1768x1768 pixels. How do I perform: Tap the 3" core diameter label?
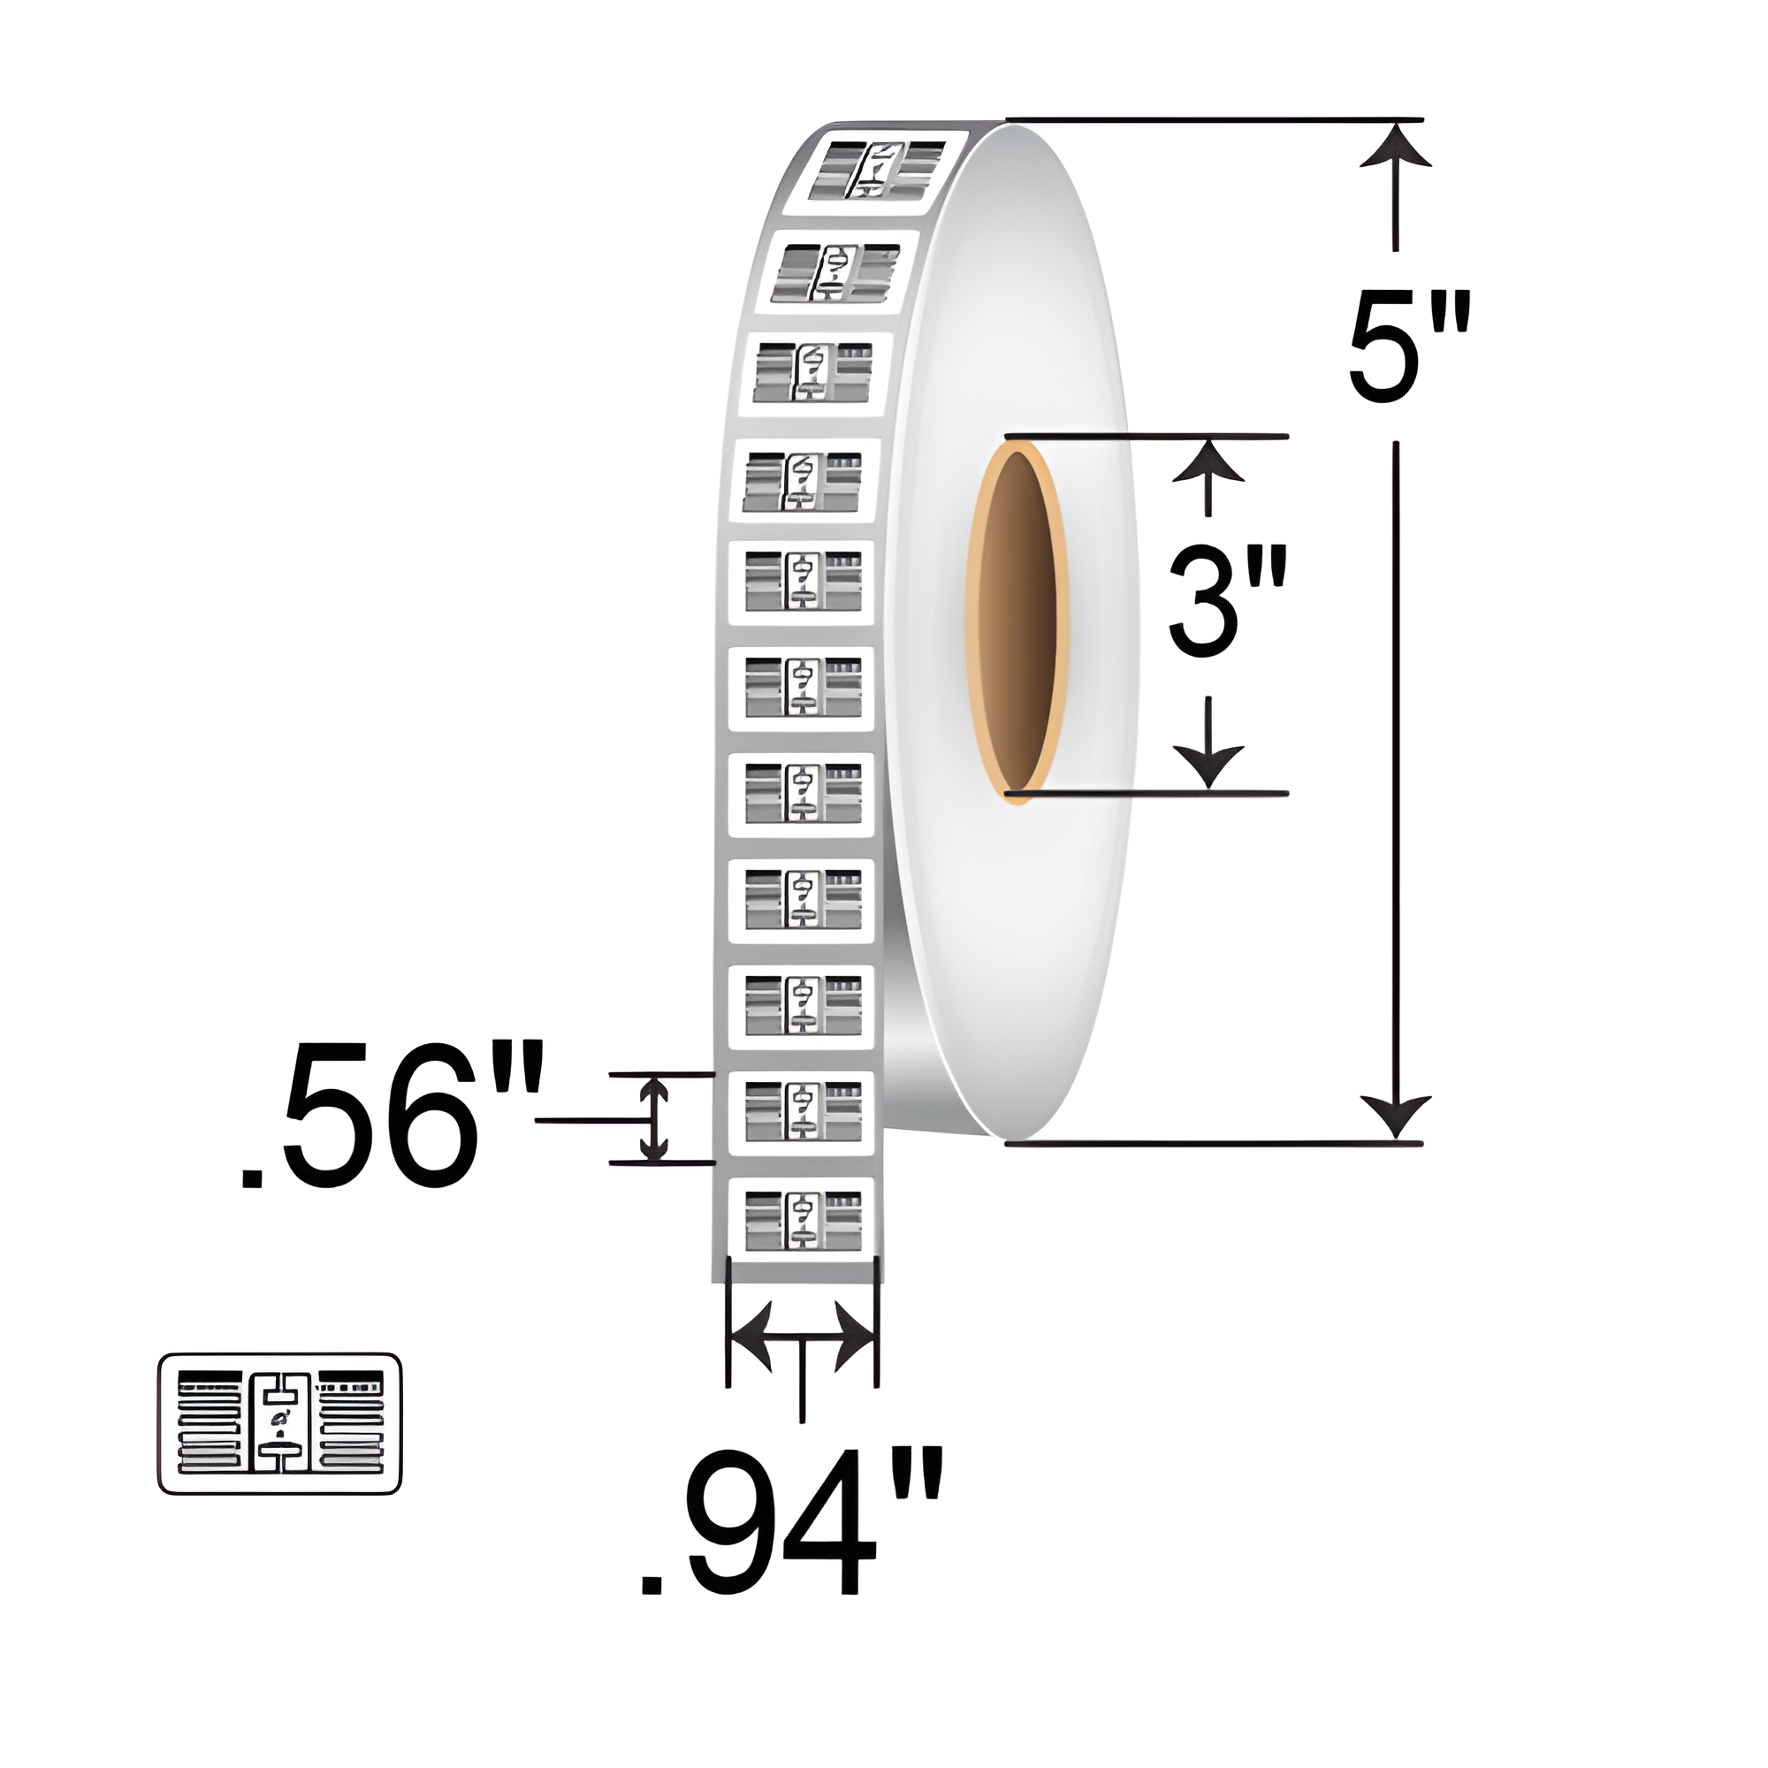click(1227, 601)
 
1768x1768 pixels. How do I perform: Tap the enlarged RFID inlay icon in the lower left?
click(279, 1424)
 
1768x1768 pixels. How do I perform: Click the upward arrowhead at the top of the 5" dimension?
click(1395, 147)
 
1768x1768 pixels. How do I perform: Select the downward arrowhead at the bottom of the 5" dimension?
click(1395, 1116)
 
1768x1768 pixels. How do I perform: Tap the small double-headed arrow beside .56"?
click(652, 1119)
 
